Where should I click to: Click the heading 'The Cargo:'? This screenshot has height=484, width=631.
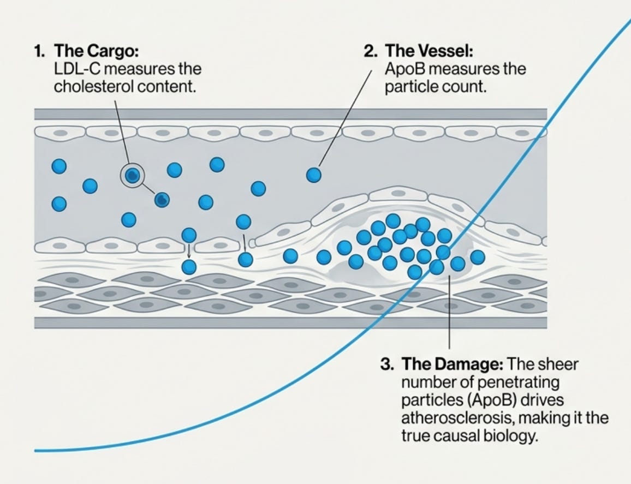pyautogui.click(x=96, y=51)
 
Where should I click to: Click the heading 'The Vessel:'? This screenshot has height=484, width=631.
pyautogui.click(x=429, y=51)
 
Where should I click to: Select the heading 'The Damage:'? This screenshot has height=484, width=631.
pyautogui.click(x=452, y=364)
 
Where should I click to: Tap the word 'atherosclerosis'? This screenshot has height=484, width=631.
pyautogui.click(x=458, y=417)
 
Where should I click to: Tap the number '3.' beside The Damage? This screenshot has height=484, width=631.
pyautogui.click(x=386, y=364)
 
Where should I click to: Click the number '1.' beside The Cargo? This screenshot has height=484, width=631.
pyautogui.click(x=39, y=51)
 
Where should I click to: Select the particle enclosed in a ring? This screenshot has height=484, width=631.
pyautogui.click(x=133, y=175)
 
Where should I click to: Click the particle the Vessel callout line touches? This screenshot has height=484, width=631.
pyautogui.click(x=314, y=175)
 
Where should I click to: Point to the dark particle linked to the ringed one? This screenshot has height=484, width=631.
pyautogui.click(x=162, y=199)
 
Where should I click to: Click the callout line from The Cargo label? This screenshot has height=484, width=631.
pyautogui.click(x=121, y=132)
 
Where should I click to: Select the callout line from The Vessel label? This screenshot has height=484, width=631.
pyautogui.click(x=344, y=117)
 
